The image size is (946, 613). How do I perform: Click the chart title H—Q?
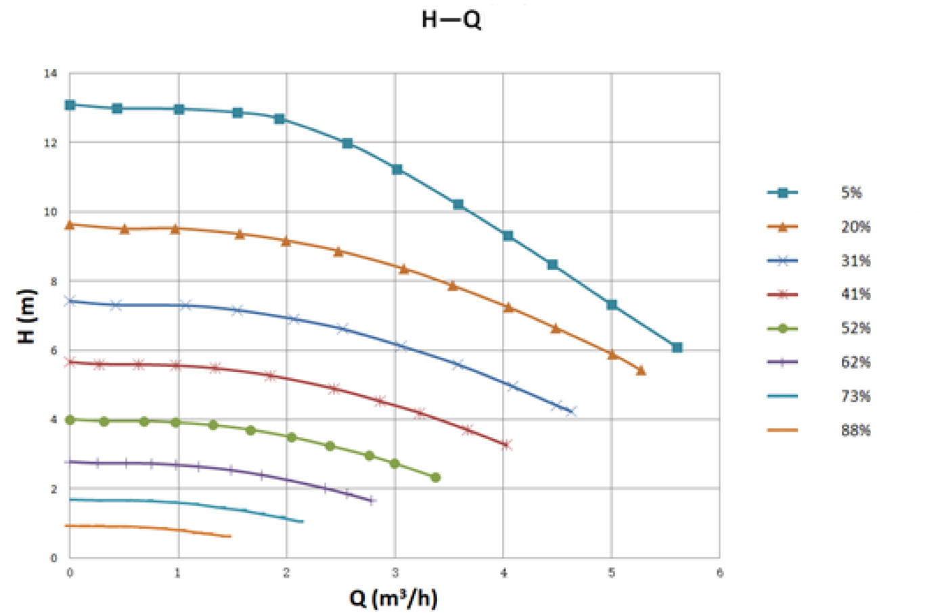(x=451, y=20)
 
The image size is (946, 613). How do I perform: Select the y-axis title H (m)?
(x=26, y=316)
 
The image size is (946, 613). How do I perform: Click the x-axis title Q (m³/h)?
(x=393, y=598)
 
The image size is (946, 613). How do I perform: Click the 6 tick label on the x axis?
(x=719, y=573)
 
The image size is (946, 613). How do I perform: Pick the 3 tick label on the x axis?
(x=395, y=573)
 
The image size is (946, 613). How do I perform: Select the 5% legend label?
(x=851, y=193)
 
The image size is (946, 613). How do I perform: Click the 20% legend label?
(x=855, y=227)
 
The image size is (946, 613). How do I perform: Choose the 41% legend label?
(x=855, y=294)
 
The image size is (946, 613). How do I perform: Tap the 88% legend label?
(x=855, y=430)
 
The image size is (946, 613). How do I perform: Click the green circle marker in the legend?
(x=783, y=329)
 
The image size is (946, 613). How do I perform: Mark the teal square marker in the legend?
(x=783, y=193)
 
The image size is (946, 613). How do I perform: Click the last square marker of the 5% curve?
(x=677, y=347)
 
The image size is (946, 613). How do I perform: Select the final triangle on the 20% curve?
(x=641, y=370)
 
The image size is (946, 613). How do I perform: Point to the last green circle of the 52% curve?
(x=435, y=478)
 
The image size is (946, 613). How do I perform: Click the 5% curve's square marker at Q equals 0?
(x=70, y=105)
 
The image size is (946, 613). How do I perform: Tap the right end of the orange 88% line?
(x=230, y=537)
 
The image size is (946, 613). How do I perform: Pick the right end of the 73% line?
(x=302, y=521)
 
